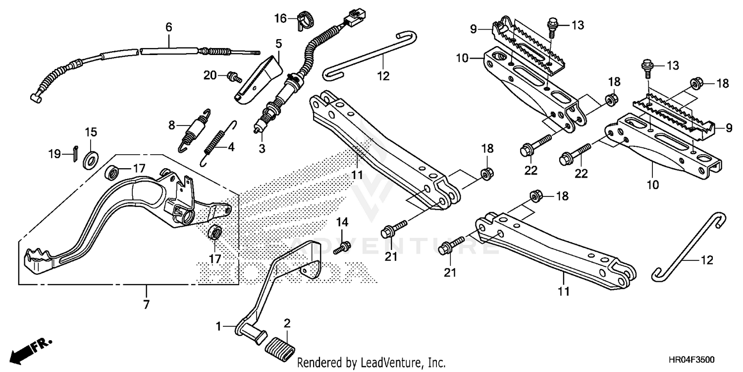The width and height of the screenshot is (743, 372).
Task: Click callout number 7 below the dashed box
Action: click(x=146, y=305)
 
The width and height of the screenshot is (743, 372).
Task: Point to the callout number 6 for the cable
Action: click(x=168, y=27)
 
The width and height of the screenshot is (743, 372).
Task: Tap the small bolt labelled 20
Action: click(x=232, y=76)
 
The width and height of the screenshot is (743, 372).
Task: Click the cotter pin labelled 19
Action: click(x=74, y=152)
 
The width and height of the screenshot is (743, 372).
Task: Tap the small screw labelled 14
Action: click(x=342, y=245)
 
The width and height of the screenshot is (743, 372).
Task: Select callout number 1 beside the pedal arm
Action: click(x=219, y=326)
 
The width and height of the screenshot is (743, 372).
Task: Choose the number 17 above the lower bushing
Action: click(x=215, y=258)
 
